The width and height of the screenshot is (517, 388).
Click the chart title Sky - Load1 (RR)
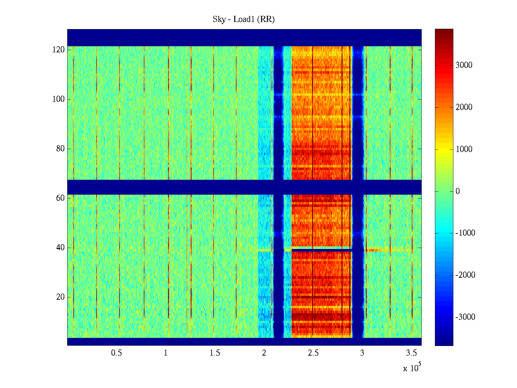coord(243,19)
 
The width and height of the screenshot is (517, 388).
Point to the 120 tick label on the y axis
coord(58,50)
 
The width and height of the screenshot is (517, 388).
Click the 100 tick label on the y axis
coord(58,99)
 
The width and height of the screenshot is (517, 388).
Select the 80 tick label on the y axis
coord(60,149)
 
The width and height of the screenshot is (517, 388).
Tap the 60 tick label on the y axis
coord(60,198)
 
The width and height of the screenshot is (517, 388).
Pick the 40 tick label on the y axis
coord(60,248)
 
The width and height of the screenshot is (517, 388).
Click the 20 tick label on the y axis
coord(60,297)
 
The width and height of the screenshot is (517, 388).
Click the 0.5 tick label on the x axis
coord(116,353)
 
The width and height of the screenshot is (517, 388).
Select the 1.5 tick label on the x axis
coord(215,353)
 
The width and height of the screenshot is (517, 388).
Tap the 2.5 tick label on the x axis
coord(313,353)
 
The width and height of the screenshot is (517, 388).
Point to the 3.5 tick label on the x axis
coord(411,353)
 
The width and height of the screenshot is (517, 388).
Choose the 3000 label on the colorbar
coord(464,65)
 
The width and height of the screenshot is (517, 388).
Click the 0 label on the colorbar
coord(458,191)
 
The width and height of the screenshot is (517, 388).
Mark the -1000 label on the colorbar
coord(465,233)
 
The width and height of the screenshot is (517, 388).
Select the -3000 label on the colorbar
coord(465,317)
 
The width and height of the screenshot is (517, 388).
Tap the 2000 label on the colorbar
coord(464,107)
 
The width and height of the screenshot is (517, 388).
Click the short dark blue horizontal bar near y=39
coord(322,250)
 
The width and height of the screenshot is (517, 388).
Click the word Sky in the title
coord(219,19)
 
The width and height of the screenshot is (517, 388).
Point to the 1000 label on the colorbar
coord(464,149)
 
